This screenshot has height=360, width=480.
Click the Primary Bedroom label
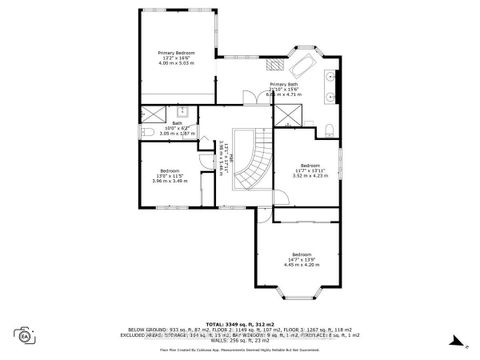[176, 52]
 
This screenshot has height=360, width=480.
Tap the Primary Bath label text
[284, 84]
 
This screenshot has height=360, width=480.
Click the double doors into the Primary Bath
[249, 97]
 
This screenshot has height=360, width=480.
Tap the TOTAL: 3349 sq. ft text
[240, 324]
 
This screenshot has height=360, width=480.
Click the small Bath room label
[176, 124]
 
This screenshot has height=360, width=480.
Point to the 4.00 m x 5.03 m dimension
[176, 63]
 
